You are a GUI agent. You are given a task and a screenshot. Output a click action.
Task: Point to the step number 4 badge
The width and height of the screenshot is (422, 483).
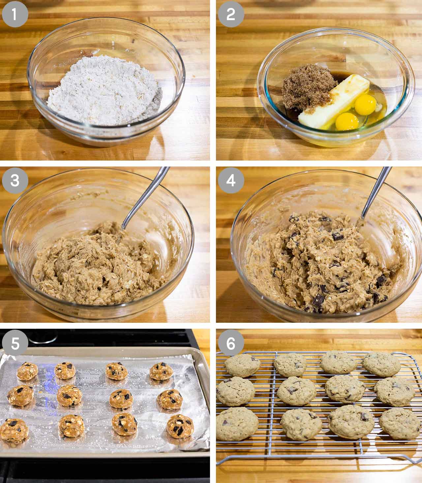pos(231,181)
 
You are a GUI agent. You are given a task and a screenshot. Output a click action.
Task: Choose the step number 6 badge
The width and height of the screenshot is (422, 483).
pos(231,343)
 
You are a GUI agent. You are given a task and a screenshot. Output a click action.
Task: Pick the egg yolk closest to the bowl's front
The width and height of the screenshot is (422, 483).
pos(347,122)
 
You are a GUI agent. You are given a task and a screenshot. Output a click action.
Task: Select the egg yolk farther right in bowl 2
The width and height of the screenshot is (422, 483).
pos(366,105)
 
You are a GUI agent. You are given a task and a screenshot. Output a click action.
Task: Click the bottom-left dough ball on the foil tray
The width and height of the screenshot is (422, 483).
pos(14,430)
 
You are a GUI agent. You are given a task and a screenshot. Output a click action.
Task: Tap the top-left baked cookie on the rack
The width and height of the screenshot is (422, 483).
pos(242,365)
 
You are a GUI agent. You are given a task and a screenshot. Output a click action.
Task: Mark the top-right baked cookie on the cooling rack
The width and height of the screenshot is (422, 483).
pos(382,364)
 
